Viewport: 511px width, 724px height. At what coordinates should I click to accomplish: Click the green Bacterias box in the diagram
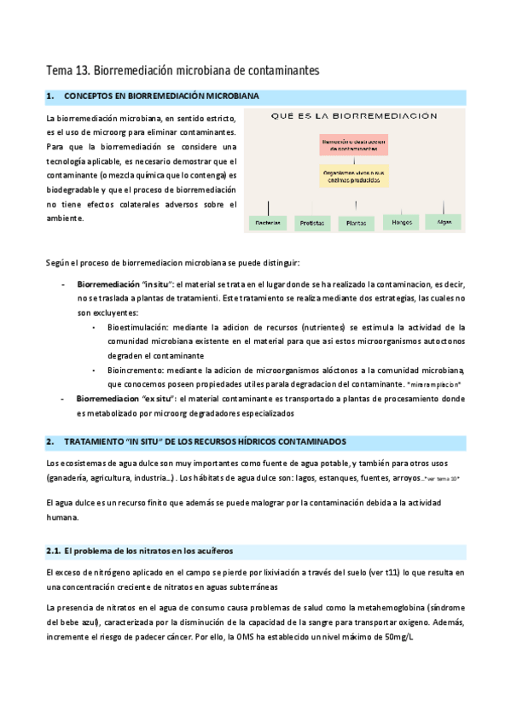pos(270,223)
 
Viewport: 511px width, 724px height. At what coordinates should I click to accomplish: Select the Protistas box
pos(313,223)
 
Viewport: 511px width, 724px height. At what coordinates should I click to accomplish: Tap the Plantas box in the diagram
pos(355,223)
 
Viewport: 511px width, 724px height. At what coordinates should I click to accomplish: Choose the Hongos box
pos(400,222)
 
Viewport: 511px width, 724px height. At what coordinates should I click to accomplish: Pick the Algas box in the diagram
pos(444,221)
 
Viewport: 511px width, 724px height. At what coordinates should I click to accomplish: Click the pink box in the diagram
pos(354,144)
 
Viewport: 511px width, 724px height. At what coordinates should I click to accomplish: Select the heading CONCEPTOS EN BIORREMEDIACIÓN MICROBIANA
pos(162,96)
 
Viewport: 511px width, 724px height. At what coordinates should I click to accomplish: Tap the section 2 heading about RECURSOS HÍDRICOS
pos(205,441)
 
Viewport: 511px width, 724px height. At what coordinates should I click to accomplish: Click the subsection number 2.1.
pos(54,551)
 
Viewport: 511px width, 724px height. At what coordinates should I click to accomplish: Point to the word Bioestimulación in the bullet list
pos(138,326)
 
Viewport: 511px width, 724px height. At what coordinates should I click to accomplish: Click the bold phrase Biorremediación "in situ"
pos(125,283)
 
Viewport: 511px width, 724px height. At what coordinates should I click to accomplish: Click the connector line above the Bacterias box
pos(270,207)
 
